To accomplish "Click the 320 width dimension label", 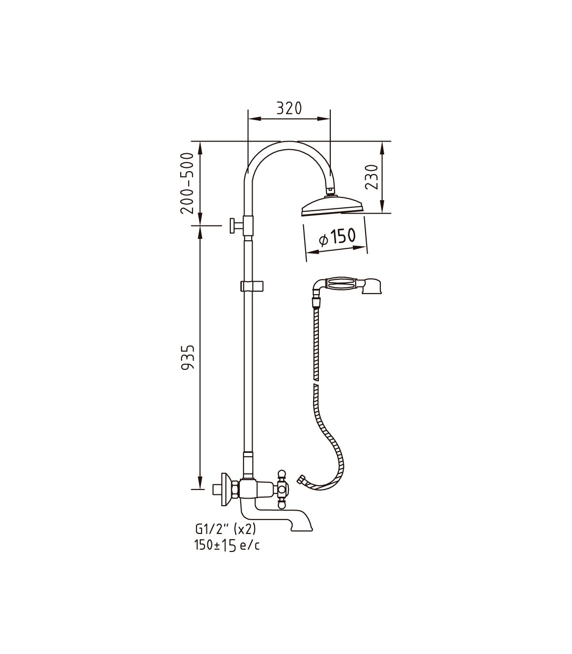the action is [x=289, y=108].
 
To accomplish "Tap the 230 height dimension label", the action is [x=372, y=177].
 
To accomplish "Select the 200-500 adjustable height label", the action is [x=187, y=183].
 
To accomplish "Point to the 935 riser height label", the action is [x=188, y=357].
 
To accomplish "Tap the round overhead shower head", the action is [x=333, y=207].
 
